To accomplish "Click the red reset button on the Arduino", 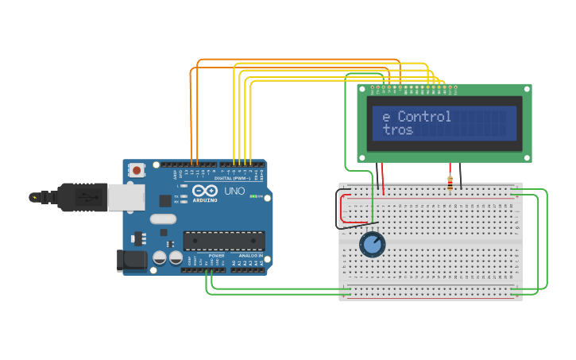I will (x=137, y=169).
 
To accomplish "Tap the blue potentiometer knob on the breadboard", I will (x=372, y=245).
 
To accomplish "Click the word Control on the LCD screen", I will (x=424, y=117).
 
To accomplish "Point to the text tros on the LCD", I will (x=397, y=130).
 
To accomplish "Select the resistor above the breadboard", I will (x=451, y=184).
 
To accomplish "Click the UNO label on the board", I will (x=234, y=192).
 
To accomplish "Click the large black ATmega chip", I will (x=224, y=240).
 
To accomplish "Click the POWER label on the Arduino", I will (x=216, y=255).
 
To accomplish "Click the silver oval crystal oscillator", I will (x=161, y=219).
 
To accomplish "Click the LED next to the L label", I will (x=184, y=187).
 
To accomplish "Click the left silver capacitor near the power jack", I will (x=160, y=257).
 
